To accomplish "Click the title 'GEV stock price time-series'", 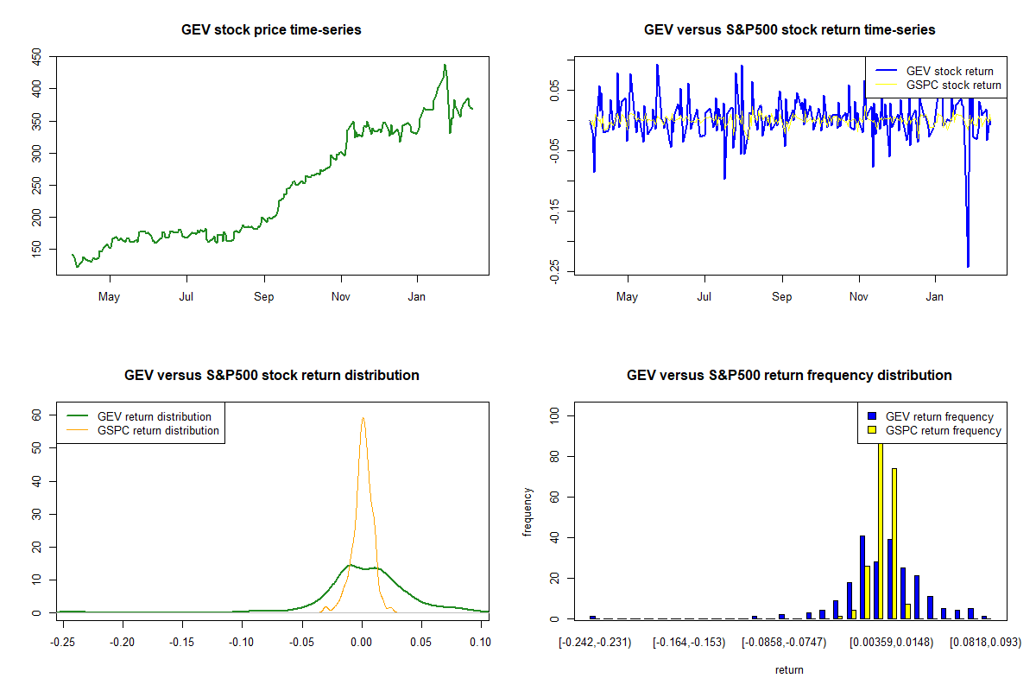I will pyautogui.click(x=271, y=29).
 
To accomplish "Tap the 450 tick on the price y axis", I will pyautogui.click(x=36, y=57).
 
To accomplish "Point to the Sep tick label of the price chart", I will pyautogui.click(x=263, y=298).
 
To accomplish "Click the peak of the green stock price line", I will pyautogui.click(x=445, y=65).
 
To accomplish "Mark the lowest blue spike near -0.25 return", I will pyautogui.click(x=968, y=266).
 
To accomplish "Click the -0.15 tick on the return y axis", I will pyautogui.click(x=554, y=211).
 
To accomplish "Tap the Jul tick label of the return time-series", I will pyautogui.click(x=704, y=298).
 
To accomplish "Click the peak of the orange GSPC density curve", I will pyautogui.click(x=363, y=418).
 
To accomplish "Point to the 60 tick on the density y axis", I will pyautogui.click(x=36, y=415).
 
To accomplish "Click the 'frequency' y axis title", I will pyautogui.click(x=527, y=512).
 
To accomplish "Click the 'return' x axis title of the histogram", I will pyautogui.click(x=789, y=669).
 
